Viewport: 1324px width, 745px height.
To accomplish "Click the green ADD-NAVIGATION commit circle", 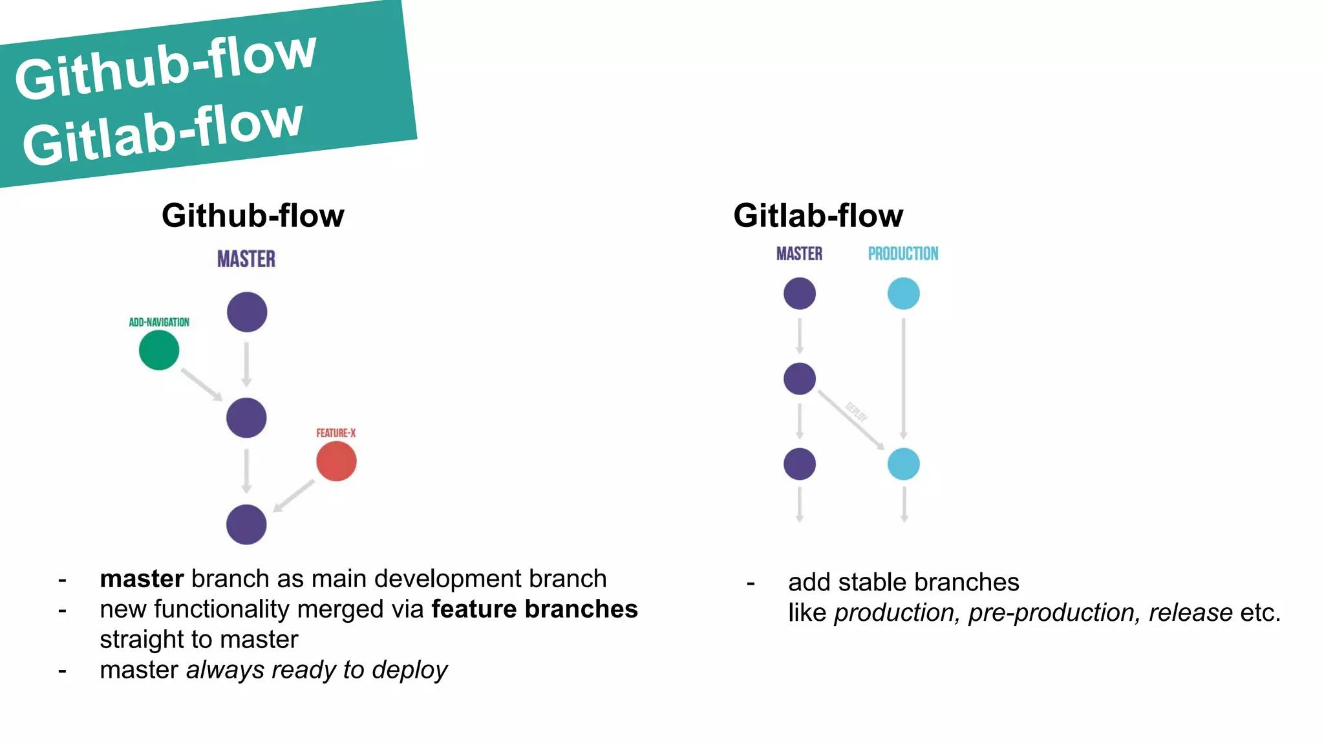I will click(x=159, y=350).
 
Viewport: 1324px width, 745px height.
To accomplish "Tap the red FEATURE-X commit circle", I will click(x=336, y=461).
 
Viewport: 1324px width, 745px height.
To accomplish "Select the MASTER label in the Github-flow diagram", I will click(x=246, y=259).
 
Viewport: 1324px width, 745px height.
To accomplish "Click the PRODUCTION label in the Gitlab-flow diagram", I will click(x=903, y=254).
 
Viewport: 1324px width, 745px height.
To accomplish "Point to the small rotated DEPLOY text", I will click(x=857, y=412).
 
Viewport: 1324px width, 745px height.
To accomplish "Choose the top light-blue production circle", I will click(x=903, y=294).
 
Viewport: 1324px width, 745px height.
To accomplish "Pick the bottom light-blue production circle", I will click(x=903, y=464).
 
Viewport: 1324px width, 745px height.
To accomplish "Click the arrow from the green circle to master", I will click(x=201, y=384).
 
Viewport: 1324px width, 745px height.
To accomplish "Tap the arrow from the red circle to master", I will click(x=294, y=495).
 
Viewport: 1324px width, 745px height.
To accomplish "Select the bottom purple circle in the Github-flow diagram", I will click(x=246, y=524).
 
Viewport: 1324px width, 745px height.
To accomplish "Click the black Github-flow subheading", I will click(x=253, y=215).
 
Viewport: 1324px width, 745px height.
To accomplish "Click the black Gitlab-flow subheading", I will click(x=818, y=215).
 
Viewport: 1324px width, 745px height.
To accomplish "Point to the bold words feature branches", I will click(x=534, y=609).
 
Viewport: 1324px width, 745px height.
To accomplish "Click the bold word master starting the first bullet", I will click(x=142, y=579).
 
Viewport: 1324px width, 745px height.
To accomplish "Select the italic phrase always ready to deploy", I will click(x=317, y=670).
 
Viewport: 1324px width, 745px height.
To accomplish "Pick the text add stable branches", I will click(x=903, y=582).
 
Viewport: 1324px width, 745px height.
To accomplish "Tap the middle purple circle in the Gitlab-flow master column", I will click(x=800, y=379).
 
